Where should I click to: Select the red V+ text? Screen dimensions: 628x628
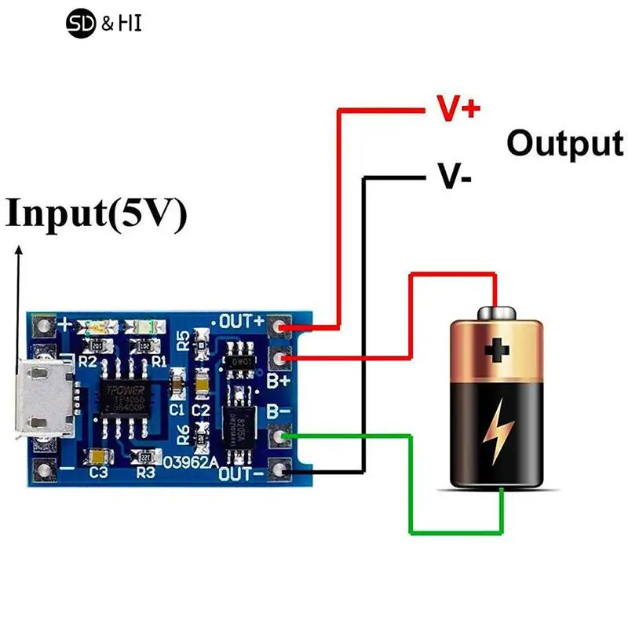[x=458, y=109]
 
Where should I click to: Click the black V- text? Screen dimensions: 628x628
[x=455, y=178]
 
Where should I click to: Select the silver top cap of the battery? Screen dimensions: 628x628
[x=496, y=312]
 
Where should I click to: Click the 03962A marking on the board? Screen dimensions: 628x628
[x=190, y=462]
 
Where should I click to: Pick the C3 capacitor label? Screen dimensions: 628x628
[x=98, y=473]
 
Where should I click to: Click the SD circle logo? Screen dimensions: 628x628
[x=81, y=24]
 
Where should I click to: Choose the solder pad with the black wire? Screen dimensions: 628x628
[x=279, y=470]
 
